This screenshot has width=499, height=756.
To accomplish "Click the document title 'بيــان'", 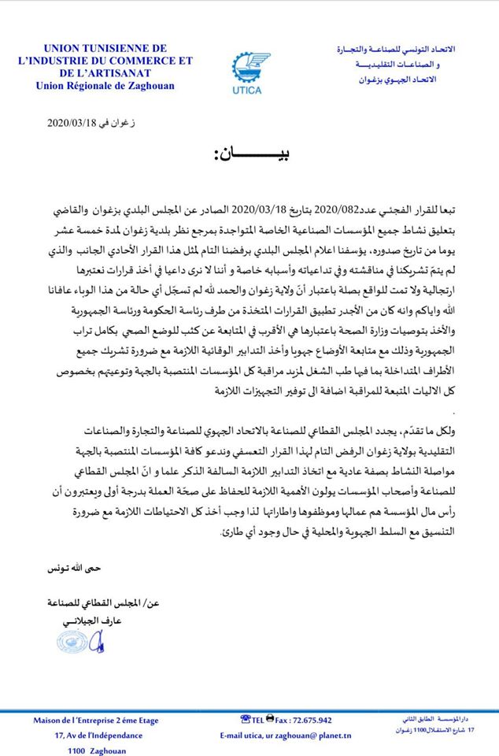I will [x=250, y=156].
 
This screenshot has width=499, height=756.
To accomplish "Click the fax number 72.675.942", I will [x=307, y=720].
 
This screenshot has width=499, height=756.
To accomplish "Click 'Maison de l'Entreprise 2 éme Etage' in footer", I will [x=97, y=720].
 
